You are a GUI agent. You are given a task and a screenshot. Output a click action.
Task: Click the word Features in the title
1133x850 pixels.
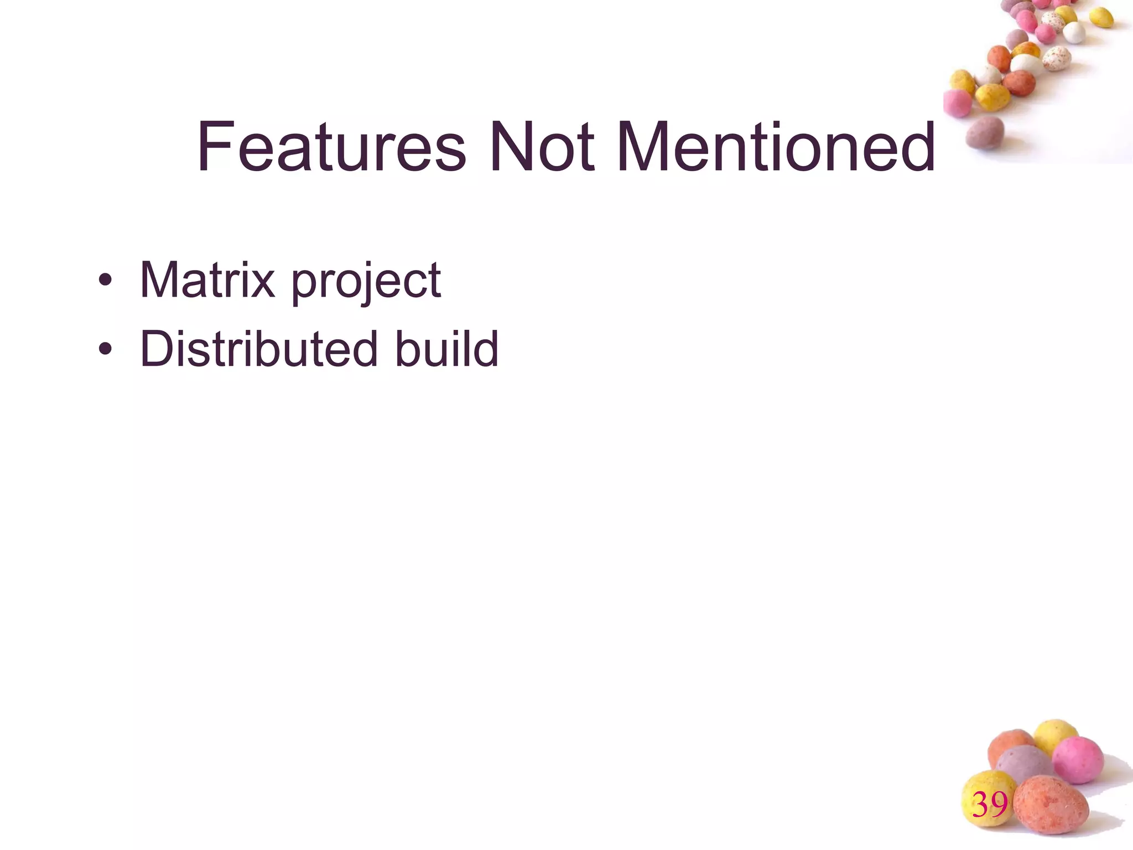331,147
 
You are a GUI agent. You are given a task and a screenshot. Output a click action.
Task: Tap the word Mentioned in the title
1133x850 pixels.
775,147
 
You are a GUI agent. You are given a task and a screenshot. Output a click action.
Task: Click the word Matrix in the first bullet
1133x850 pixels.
207,280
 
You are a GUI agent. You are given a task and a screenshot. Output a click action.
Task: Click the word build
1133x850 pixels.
446,349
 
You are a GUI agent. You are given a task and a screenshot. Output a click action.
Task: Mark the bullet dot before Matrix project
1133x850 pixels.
105,281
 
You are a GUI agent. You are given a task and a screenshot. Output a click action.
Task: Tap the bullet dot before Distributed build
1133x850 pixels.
105,350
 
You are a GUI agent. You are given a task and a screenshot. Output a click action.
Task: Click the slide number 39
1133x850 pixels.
990,805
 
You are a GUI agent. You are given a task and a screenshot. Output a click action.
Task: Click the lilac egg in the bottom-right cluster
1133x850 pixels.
1023,765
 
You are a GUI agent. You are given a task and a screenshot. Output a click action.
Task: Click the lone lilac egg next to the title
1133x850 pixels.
985,133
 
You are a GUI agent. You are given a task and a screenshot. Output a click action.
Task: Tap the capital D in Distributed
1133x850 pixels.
157,349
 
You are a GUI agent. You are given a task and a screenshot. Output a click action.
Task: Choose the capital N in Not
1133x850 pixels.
508,147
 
